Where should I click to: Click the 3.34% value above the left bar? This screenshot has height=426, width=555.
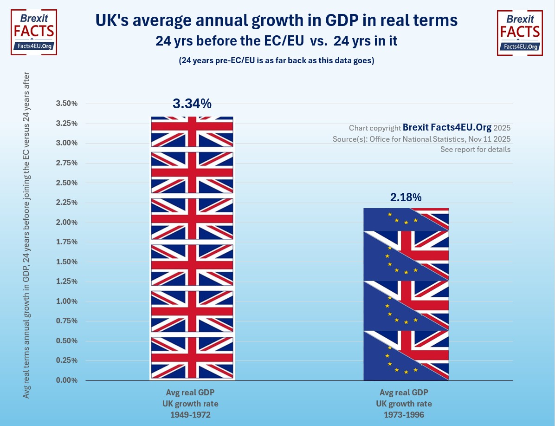192,104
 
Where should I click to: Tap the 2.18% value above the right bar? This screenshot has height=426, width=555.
406,197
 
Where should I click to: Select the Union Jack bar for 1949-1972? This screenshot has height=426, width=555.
192,249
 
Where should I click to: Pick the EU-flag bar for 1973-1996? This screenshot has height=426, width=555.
406,294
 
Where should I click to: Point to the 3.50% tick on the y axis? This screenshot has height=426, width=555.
66,103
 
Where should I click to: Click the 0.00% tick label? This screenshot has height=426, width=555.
66,380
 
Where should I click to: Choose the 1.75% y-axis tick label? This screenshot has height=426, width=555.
66,242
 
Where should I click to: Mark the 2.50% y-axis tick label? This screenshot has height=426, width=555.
66,183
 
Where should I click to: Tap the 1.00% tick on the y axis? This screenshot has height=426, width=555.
66,301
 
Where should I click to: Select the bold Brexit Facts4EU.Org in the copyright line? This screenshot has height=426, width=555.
447,127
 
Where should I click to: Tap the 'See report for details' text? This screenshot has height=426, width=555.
475,150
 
